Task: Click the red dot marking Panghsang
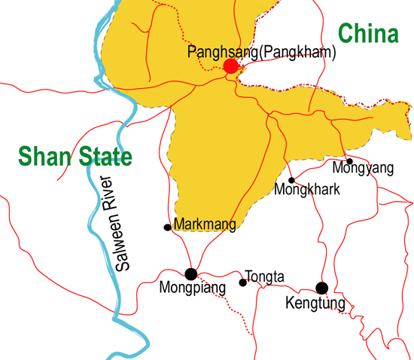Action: [231, 67]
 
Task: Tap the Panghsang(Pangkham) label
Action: [261, 53]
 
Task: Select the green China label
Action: [367, 34]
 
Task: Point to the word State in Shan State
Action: [104, 157]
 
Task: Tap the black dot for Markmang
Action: [167, 227]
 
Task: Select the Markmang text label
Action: [205, 224]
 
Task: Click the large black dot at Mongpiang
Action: [191, 274]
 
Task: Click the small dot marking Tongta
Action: [242, 283]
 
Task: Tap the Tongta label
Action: [265, 277]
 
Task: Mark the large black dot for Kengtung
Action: [321, 287]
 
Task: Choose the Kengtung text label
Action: [315, 304]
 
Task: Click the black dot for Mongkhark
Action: [291, 180]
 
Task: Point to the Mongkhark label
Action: [315, 189]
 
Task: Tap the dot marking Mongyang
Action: [349, 161]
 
